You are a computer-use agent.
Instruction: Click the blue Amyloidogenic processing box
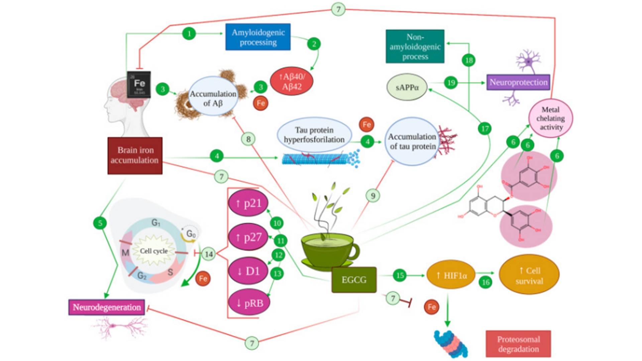[x=258, y=37]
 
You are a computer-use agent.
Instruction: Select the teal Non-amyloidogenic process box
[x=415, y=46]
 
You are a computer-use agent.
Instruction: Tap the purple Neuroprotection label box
[x=518, y=82]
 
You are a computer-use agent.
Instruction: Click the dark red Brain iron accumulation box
[x=135, y=155]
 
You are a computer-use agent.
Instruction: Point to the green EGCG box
[x=354, y=280]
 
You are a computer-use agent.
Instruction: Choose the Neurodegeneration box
[x=107, y=307]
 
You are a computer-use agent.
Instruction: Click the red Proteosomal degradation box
[x=518, y=344]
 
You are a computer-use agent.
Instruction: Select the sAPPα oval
[x=407, y=88]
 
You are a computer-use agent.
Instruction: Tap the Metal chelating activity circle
[x=550, y=118]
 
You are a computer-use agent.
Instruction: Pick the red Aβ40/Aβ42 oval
[x=292, y=81]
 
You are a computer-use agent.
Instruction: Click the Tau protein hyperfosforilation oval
[x=314, y=135]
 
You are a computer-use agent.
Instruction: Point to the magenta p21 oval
[x=248, y=203]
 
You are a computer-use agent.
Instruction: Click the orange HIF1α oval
[x=451, y=275]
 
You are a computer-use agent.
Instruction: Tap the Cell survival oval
[x=529, y=275]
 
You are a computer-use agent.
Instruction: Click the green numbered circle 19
[x=451, y=83]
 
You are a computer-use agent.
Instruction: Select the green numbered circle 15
[x=400, y=275]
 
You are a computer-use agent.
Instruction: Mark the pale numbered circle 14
[x=209, y=254]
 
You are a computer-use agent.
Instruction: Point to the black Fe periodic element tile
[x=139, y=84]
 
